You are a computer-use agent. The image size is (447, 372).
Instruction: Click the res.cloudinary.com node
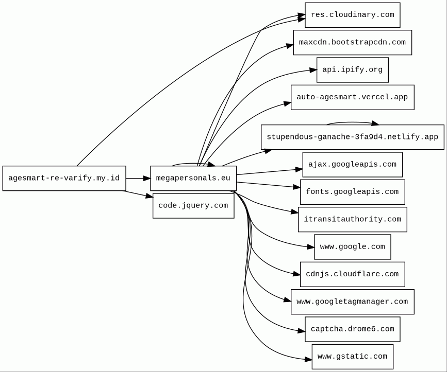(x=352, y=15)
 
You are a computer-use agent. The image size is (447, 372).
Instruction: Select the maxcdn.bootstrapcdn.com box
(x=352, y=42)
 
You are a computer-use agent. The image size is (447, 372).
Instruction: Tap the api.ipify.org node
(x=352, y=70)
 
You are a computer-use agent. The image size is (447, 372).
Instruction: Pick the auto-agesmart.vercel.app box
(x=352, y=97)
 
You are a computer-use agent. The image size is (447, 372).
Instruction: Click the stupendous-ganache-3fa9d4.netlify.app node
(x=352, y=137)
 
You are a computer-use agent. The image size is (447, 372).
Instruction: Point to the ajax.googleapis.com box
(x=352, y=165)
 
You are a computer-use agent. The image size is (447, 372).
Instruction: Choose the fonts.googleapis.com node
(x=352, y=192)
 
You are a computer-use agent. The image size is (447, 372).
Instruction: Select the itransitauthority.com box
(x=352, y=220)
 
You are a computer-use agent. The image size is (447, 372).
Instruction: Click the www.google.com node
(x=352, y=247)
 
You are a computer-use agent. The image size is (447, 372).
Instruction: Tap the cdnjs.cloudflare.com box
(x=352, y=274)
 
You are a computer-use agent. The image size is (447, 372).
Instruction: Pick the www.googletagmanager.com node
(x=352, y=302)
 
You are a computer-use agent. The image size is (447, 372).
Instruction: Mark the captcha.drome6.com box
(x=352, y=329)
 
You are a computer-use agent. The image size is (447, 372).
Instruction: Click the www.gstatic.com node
(x=352, y=357)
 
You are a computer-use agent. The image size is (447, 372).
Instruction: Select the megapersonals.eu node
(x=193, y=179)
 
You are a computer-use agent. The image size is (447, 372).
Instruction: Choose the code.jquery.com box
(x=193, y=206)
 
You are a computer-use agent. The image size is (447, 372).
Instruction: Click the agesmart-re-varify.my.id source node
(x=64, y=179)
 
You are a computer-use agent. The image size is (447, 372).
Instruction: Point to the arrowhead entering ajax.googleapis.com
(x=299, y=169)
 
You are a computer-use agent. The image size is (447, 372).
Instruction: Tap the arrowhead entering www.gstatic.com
(x=308, y=359)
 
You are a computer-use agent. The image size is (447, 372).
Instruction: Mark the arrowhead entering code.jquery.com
(x=150, y=196)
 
